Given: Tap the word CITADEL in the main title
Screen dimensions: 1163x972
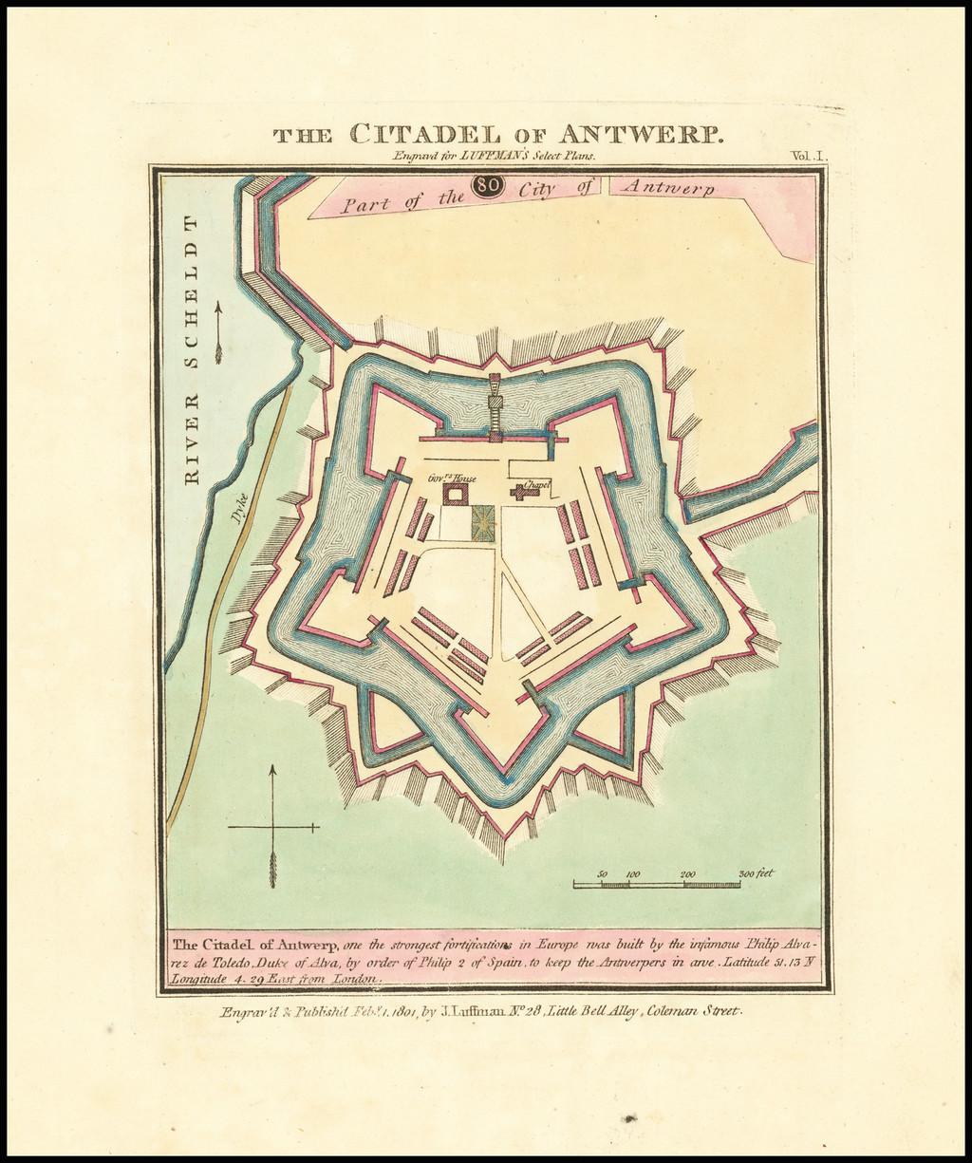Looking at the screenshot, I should point(423,133).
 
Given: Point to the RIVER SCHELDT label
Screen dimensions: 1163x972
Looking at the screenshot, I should point(192,350).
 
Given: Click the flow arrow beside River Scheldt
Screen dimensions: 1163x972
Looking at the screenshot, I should point(218,333).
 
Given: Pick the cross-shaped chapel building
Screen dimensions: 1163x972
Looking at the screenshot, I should point(521,492).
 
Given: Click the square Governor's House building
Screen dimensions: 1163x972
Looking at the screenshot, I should point(458,494).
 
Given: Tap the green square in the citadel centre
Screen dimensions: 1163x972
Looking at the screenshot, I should point(483,523).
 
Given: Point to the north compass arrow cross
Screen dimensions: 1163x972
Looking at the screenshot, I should point(272,826).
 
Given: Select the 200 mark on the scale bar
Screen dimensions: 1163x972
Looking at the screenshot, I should point(687,874).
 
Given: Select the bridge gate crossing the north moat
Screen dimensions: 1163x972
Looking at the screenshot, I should point(494,405).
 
